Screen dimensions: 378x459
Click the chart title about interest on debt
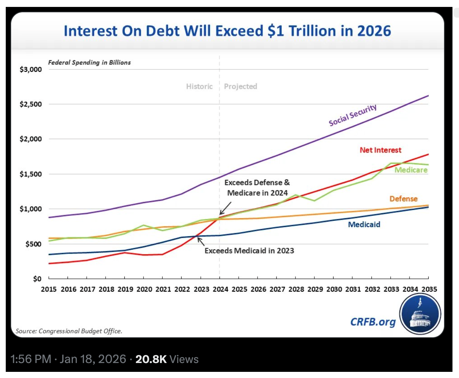(227, 31)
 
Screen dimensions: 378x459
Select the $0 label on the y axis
(37, 279)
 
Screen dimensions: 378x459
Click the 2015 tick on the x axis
(49, 289)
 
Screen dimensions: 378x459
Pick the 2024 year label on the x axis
(220, 289)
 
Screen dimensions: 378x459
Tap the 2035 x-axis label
(428, 289)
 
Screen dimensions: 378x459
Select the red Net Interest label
(380, 150)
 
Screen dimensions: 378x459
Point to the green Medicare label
(411, 169)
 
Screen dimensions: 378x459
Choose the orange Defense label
(403, 199)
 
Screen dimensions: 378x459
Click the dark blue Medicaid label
(364, 224)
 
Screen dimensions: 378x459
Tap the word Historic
(199, 86)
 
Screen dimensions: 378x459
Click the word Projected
(241, 86)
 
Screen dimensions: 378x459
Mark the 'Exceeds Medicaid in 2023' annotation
(249, 251)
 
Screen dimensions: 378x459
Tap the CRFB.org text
(373, 322)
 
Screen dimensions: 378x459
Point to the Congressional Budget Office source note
(69, 331)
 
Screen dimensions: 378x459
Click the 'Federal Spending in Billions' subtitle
(89, 62)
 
